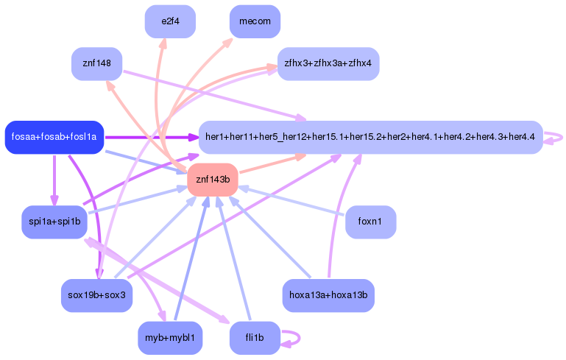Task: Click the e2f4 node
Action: point(170,22)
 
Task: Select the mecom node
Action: point(255,21)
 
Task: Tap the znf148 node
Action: point(96,64)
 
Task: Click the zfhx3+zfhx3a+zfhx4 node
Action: point(328,64)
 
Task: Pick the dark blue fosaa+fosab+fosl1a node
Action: point(54,138)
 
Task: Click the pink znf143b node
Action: point(213,180)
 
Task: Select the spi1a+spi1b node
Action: point(54,222)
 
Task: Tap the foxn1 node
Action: point(371,222)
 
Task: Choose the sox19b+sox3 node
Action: point(96,295)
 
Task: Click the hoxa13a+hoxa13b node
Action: point(329,295)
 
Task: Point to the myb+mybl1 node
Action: point(170,338)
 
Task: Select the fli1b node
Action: point(255,338)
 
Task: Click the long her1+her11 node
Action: point(370,138)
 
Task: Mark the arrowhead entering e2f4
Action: point(163,43)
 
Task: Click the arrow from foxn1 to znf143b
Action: point(294,202)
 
